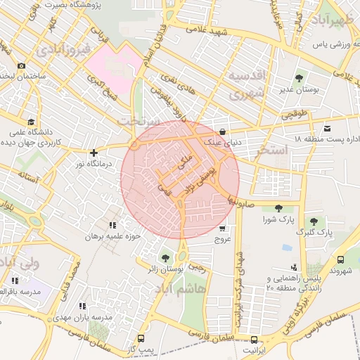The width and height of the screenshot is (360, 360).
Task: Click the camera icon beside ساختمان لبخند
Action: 21,65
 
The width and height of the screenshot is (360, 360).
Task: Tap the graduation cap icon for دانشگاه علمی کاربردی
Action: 31,121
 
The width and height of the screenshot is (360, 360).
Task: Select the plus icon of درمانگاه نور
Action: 94,153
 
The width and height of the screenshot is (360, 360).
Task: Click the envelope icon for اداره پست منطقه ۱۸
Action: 327,129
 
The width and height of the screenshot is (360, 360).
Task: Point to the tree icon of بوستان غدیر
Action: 299,78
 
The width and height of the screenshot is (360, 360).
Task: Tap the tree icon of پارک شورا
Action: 278,207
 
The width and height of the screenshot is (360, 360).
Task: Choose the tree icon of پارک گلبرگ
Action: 314,221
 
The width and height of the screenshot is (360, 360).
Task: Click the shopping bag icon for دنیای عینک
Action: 223,131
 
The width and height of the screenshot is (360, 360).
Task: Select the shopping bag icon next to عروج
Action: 223,228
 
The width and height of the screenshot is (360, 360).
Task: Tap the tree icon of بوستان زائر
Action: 165,257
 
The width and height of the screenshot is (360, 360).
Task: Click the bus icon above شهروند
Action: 341,259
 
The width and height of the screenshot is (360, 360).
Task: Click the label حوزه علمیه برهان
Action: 113,236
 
